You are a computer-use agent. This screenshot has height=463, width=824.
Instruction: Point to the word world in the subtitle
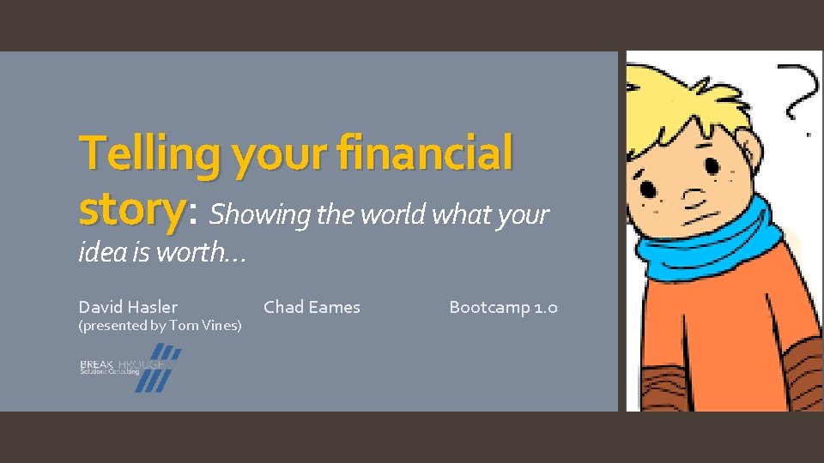[396, 214]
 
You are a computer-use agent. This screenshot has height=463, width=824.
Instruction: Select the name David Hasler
[128, 307]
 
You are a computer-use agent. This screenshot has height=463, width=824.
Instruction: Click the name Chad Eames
[312, 307]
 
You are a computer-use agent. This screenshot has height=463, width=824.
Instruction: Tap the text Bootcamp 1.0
[503, 307]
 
